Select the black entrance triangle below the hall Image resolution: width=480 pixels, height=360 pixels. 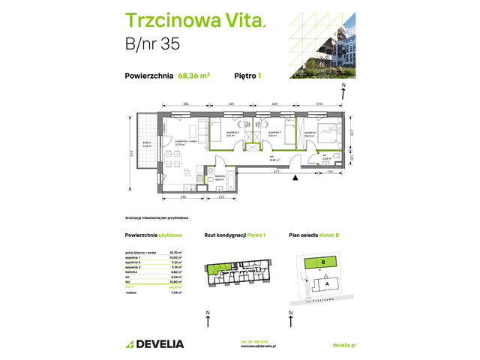click(x=295, y=178)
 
